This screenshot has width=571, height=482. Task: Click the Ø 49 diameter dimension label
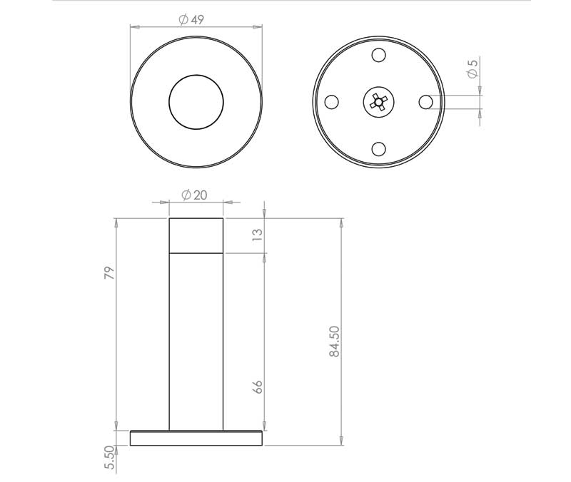click(x=191, y=20)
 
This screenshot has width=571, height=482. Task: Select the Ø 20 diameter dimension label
click(x=194, y=195)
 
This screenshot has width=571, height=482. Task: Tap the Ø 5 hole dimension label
click(x=472, y=68)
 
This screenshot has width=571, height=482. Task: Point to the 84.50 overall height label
click(x=334, y=342)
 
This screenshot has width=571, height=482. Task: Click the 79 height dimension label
click(x=109, y=273)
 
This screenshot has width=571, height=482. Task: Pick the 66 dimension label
click(x=257, y=386)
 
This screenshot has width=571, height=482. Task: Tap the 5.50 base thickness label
click(x=109, y=458)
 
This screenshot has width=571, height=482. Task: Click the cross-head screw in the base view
click(x=379, y=102)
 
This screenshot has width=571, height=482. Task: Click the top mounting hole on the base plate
click(x=379, y=55)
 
